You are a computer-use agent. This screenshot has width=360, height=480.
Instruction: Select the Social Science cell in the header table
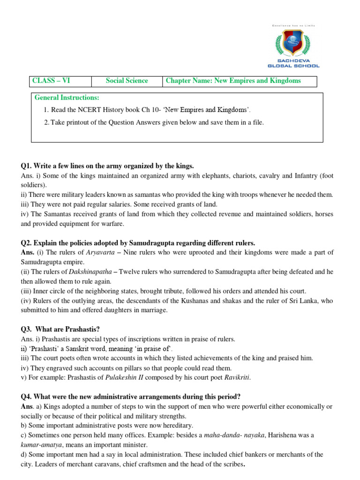127,81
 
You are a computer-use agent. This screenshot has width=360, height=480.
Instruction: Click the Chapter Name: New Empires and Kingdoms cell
233,81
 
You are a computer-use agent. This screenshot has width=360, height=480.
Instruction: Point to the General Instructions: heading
67,97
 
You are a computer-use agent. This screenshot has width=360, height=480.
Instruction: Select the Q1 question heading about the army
107,166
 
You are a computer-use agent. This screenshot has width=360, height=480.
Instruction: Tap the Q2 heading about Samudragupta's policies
138,243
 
